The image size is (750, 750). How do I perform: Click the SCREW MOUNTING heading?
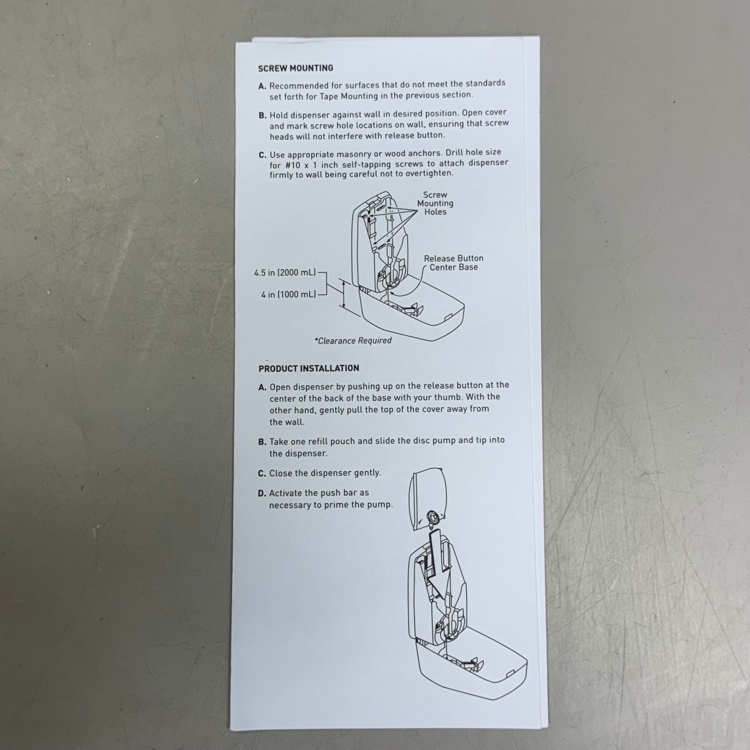tap(295, 68)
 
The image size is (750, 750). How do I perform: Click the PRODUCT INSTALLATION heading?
tap(308, 368)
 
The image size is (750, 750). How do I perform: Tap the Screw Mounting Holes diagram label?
tap(435, 203)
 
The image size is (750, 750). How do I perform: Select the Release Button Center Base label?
tap(453, 263)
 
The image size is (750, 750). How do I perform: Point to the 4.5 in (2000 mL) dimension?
tap(284, 272)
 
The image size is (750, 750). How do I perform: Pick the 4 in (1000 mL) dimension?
tap(288, 294)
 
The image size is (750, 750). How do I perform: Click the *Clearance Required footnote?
tap(352, 340)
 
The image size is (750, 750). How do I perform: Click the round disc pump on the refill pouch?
tap(432, 516)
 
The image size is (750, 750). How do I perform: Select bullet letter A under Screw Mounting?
tap(262, 86)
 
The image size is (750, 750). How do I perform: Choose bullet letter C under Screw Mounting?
tap(262, 155)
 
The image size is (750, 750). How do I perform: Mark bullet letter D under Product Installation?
tap(262, 494)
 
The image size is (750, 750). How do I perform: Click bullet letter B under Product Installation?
tap(262, 442)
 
